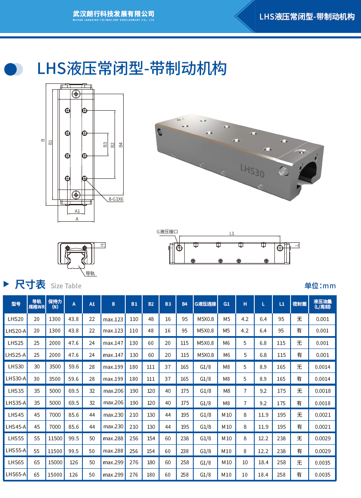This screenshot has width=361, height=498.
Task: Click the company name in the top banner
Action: pyautogui.click(x=113, y=14)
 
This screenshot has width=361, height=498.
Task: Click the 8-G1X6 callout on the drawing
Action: pyautogui.click(x=116, y=199)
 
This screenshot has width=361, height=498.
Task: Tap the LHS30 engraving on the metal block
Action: pyautogui.click(x=252, y=171)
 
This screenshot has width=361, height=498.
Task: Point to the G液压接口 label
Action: pyautogui.click(x=167, y=232)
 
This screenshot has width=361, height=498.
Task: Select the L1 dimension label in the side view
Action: pyautogui.click(x=232, y=233)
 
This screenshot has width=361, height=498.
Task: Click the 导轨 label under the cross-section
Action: pyautogui.click(x=90, y=273)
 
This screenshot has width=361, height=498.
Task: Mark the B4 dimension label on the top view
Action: pyautogui.click(x=121, y=145)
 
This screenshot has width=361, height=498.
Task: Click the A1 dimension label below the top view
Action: pyautogui.click(x=77, y=211)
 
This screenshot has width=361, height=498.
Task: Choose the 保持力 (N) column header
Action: pyautogui.click(x=55, y=304)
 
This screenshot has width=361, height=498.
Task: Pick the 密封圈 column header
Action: pyautogui.click(x=300, y=304)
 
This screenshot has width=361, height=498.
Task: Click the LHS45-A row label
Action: pyautogui.click(x=16, y=427)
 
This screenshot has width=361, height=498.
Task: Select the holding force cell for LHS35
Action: pyautogui.click(x=55, y=391)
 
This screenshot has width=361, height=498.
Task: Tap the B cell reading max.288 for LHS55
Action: pyautogui.click(x=113, y=439)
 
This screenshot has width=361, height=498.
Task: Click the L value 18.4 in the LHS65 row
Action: pyautogui.click(x=263, y=462)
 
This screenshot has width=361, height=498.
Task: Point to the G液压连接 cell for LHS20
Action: pyautogui.click(x=206, y=319)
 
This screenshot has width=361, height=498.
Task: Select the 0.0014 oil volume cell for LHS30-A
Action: pyautogui.click(x=323, y=379)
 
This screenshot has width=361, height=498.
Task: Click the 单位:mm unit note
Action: pyautogui.click(x=320, y=286)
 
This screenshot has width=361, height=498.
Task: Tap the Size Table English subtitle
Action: pyautogui.click(x=66, y=286)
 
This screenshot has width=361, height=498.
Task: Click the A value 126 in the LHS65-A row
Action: pyautogui.click(x=73, y=474)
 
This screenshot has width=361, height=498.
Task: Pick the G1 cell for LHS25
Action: pyautogui.click(x=226, y=343)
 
